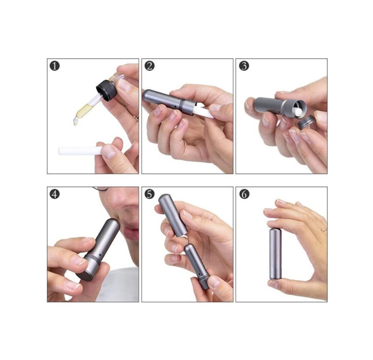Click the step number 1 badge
point(55,66)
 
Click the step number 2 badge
point(150,66)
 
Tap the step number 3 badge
point(244,66)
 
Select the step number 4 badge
point(55,194)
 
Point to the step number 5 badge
point(150,194)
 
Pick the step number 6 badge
point(244,194)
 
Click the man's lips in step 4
point(131,231)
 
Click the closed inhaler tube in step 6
point(275,253)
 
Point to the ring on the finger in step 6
point(324,230)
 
